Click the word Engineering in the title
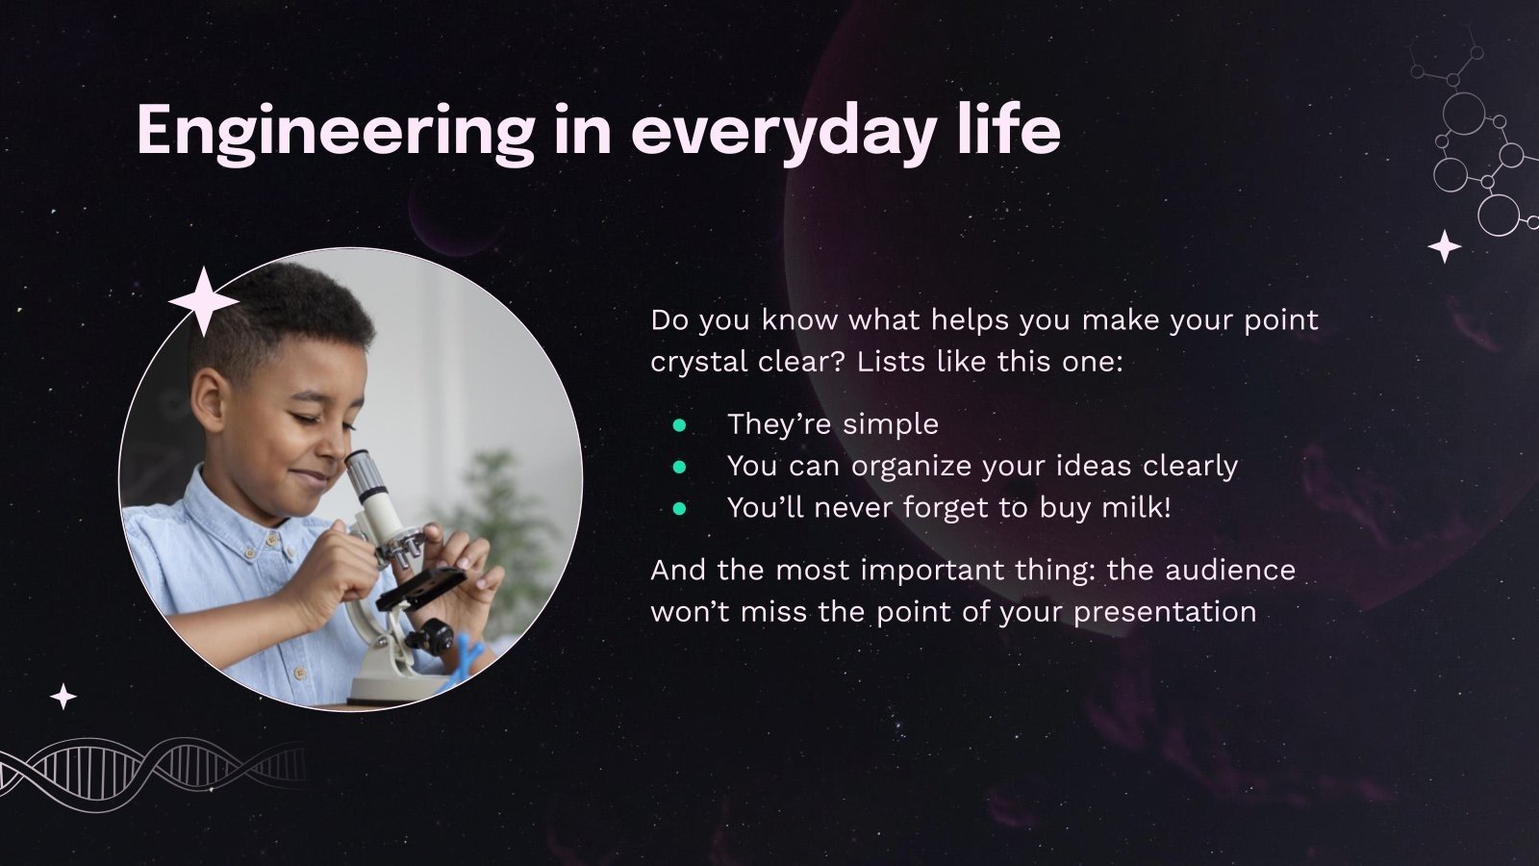pos(336,133)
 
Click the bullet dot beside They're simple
pos(679,425)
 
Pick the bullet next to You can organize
pos(679,468)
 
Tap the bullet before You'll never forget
pos(679,509)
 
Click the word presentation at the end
pos(1165,613)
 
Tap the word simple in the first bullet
pos(891,425)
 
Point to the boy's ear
pos(208,397)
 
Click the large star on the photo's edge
pos(203,302)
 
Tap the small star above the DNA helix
pos(63,697)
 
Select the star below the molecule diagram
pos(1444,246)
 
